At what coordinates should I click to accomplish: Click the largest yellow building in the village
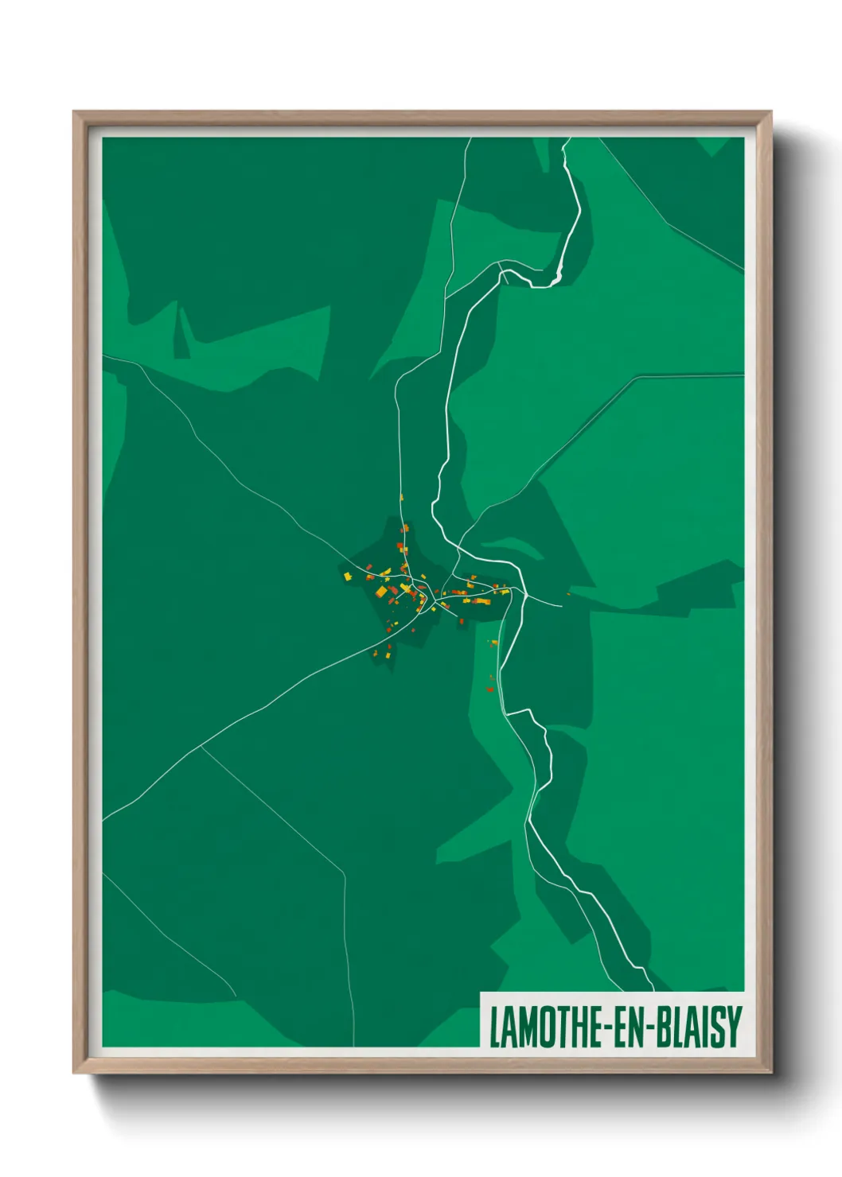click(381, 592)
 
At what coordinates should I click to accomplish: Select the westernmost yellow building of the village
click(348, 575)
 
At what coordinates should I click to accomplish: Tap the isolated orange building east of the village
click(568, 592)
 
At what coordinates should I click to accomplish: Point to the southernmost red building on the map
click(490, 689)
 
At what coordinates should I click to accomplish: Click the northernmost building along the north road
click(401, 497)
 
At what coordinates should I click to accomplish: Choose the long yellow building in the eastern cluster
click(480, 602)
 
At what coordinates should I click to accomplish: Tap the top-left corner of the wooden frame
click(74, 112)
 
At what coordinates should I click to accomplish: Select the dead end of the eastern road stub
click(562, 605)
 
